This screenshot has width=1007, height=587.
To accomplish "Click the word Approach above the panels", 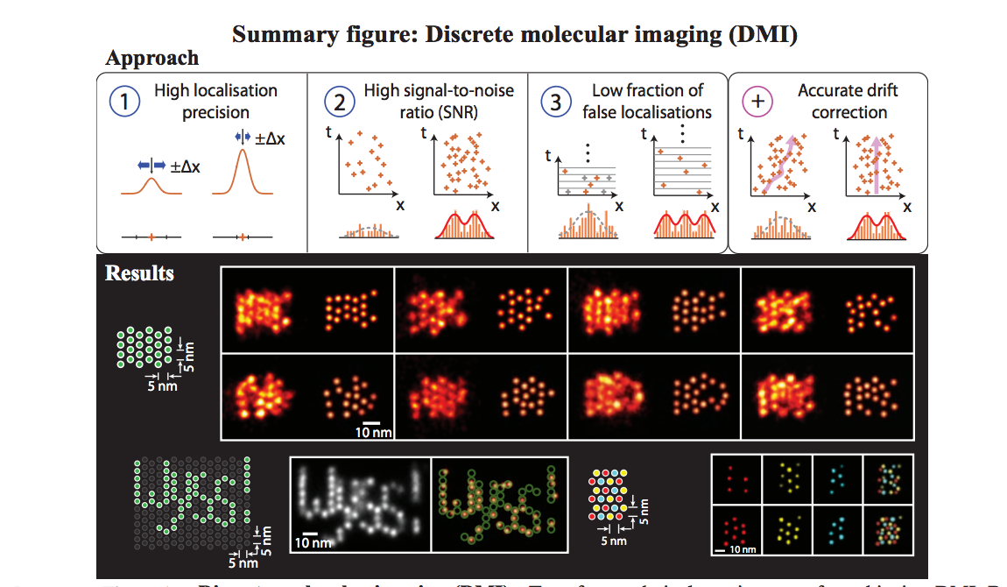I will [151, 59].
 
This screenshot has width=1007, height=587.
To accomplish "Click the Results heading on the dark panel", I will [139, 272].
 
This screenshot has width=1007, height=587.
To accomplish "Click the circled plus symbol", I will [758, 103].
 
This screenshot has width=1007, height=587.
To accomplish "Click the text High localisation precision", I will [215, 102].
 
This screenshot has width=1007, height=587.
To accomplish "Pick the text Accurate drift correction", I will [848, 102].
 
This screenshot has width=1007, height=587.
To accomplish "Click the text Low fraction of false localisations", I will [647, 102].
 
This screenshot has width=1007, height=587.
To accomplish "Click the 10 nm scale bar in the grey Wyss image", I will [307, 537].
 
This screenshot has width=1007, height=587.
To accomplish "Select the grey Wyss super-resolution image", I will [359, 504].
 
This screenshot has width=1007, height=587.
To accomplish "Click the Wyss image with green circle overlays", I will [499, 504].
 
